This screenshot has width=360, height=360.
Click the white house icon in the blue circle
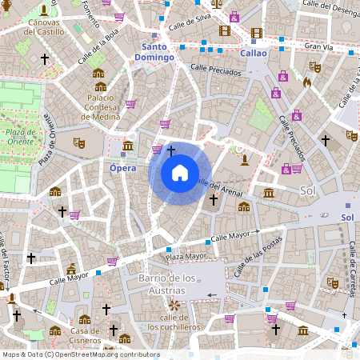tap(179, 173)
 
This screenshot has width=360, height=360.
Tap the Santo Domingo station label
tap(154, 52)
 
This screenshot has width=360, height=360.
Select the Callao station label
tap(253, 52)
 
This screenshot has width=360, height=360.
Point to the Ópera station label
tap(122, 168)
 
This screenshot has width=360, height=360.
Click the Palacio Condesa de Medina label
tap(100, 107)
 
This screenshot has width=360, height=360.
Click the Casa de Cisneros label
tap(85, 336)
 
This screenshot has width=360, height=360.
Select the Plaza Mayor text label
tap(186, 256)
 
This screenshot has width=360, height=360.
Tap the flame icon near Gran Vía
tap(307, 82)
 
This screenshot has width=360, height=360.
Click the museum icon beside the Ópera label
tap(128, 146)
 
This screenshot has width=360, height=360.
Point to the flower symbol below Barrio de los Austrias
tap(174, 305)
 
